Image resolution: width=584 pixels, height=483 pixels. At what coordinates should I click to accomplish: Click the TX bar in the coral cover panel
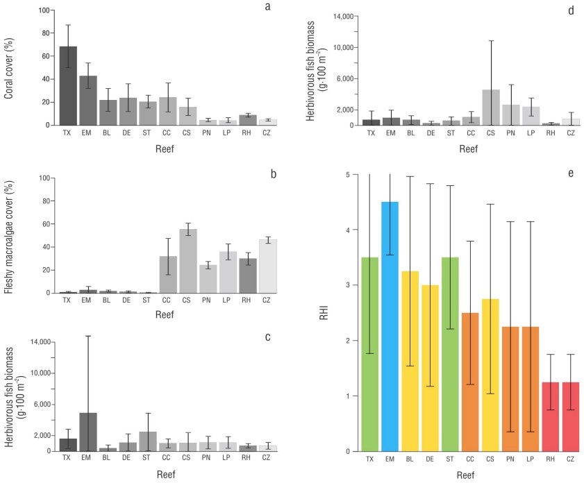pyautogui.click(x=67, y=86)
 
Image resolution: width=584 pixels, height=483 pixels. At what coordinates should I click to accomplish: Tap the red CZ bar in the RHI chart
pyautogui.click(x=569, y=417)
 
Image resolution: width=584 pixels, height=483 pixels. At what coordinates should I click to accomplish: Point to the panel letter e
pyautogui.click(x=570, y=171)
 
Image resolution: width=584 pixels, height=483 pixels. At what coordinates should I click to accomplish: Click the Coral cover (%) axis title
pyautogui.click(x=10, y=67)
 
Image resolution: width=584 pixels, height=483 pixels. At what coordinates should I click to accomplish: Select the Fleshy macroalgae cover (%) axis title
pyautogui.click(x=10, y=235)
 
